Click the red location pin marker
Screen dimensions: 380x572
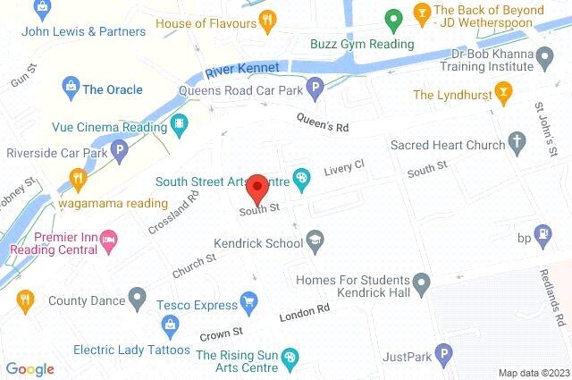pyautogui.click(x=257, y=188)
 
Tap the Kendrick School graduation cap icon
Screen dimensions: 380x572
pyautogui.click(x=315, y=239)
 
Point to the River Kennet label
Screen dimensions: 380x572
pyautogui.click(x=241, y=69)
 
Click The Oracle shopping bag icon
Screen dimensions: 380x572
pyautogui.click(x=69, y=87)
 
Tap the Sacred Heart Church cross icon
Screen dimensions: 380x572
pyautogui.click(x=516, y=141)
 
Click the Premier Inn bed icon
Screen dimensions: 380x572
pyautogui.click(x=108, y=238)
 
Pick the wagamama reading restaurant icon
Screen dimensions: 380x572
pyautogui.click(x=80, y=178)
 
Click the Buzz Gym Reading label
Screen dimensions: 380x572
pyautogui.click(x=362, y=44)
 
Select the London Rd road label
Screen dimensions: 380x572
pyautogui.click(x=305, y=313)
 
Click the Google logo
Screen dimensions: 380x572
pyautogui.click(x=29, y=368)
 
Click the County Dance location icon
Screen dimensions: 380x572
pyautogui.click(x=137, y=295)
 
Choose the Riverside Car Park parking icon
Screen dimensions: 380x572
pyautogui.click(x=119, y=152)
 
